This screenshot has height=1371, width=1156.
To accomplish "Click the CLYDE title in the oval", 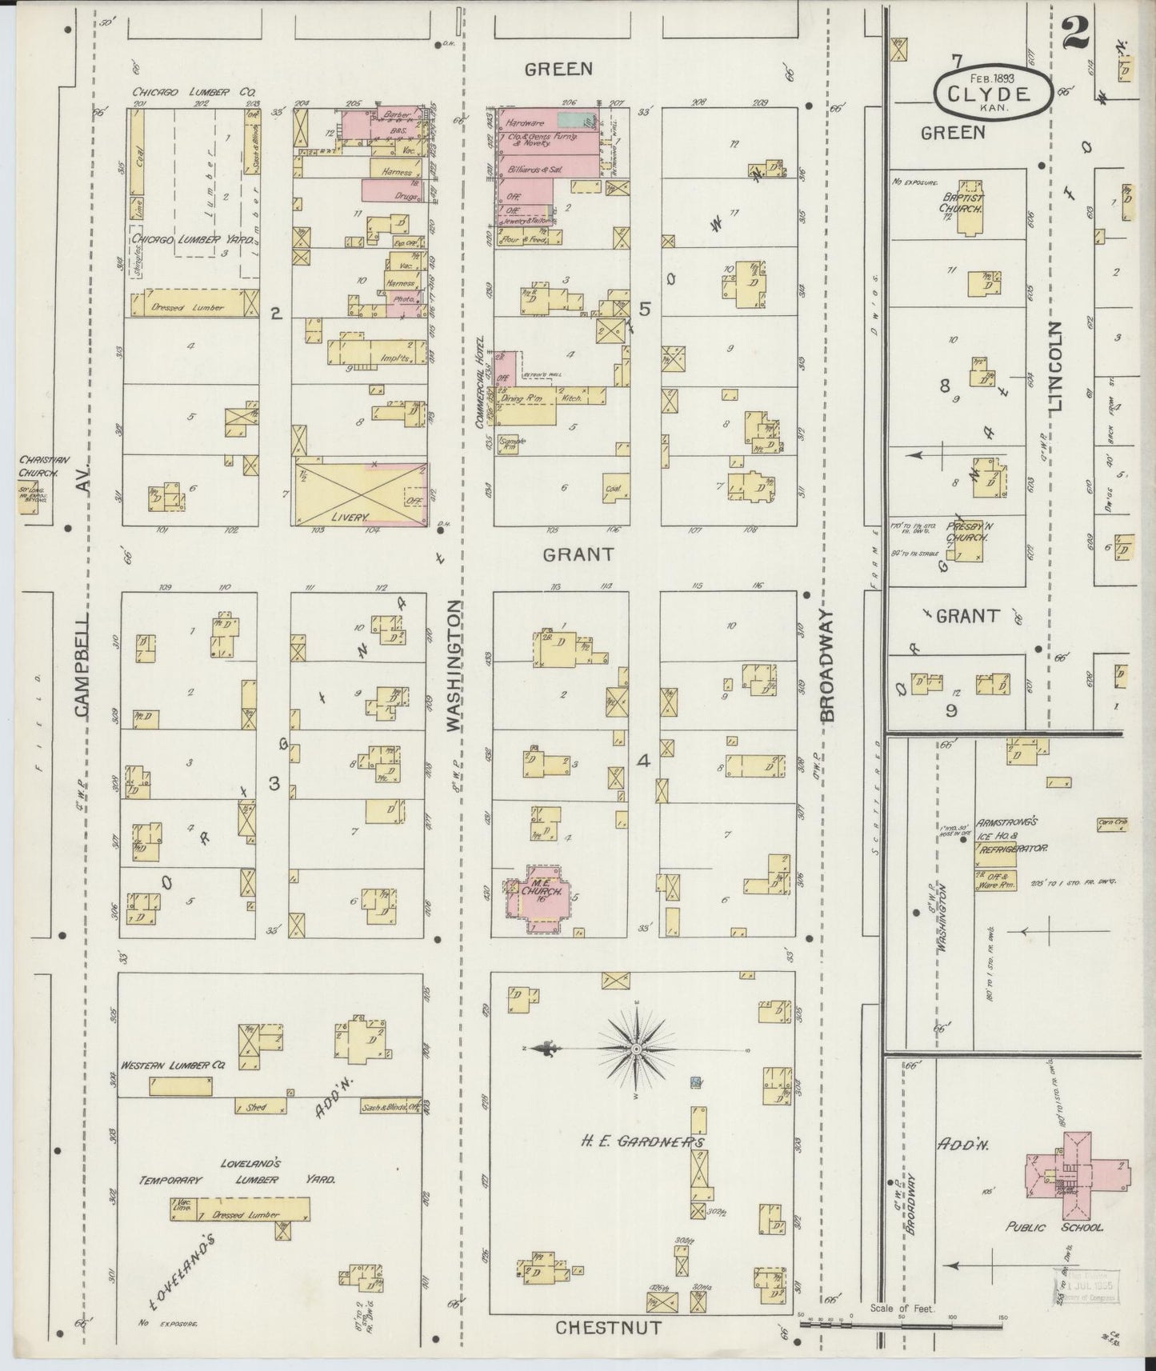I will tap(989, 92).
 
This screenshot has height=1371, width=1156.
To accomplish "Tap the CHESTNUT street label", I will tap(609, 1328).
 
